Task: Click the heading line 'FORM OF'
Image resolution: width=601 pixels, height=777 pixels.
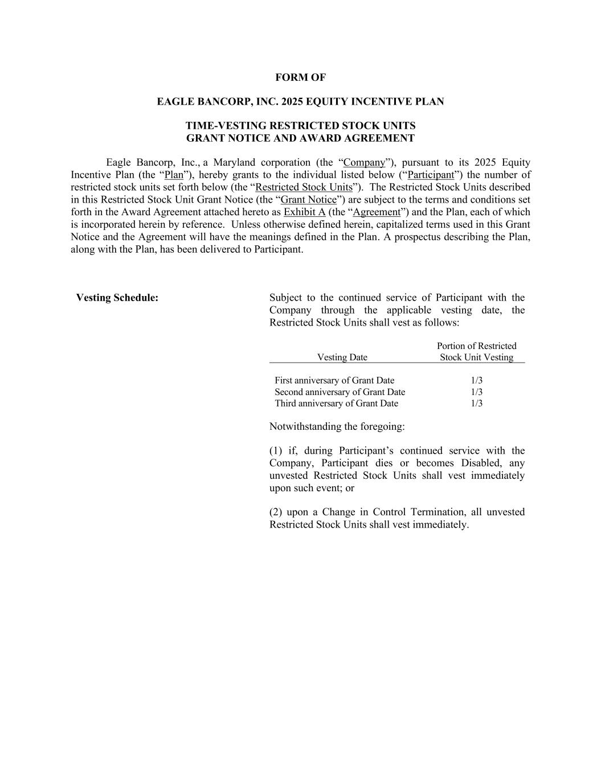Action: click(x=300, y=77)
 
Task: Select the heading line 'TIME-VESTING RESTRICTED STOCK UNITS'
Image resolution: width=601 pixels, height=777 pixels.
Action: click(x=300, y=126)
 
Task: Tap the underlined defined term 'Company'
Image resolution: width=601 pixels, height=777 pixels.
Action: click(x=365, y=163)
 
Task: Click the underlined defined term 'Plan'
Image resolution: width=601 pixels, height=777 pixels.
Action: click(x=174, y=175)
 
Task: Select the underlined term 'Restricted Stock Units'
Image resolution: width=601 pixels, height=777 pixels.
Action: click(x=304, y=187)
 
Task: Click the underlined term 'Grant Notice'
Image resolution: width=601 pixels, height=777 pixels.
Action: click(x=308, y=200)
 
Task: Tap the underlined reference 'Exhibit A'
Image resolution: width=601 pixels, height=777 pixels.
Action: click(x=304, y=212)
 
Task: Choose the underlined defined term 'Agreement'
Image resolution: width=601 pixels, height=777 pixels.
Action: click(x=377, y=212)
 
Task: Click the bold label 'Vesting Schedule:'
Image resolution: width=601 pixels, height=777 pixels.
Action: click(x=117, y=298)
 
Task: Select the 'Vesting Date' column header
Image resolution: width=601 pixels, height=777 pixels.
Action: click(x=342, y=357)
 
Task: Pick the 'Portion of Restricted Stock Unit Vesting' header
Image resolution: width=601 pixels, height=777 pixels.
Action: click(x=477, y=352)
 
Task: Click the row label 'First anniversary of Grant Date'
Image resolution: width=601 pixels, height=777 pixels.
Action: click(x=334, y=380)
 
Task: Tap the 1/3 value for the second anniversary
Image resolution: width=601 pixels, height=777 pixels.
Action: click(x=477, y=392)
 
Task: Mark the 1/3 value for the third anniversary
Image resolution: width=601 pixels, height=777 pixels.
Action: click(x=477, y=404)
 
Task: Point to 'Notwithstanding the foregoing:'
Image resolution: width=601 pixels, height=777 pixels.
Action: click(x=337, y=427)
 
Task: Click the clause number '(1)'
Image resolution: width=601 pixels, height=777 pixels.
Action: click(x=276, y=451)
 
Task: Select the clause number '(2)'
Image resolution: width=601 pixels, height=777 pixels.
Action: click(x=276, y=512)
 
